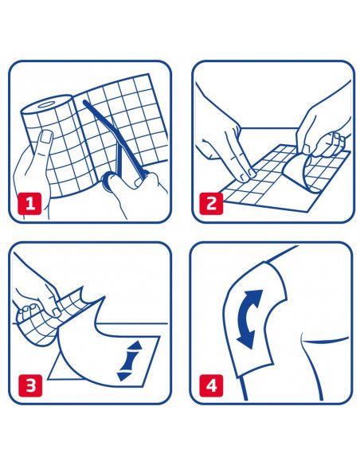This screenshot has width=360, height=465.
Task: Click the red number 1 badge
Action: click(29, 204)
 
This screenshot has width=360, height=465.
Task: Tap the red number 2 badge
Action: click(211, 204)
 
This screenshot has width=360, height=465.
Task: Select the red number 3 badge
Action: click(31, 385)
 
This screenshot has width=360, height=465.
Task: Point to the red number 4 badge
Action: click(211, 385)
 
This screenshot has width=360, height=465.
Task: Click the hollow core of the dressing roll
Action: click(46, 104)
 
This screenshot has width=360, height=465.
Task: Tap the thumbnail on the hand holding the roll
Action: click(46, 138)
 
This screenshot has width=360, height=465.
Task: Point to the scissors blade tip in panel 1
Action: click(85, 102)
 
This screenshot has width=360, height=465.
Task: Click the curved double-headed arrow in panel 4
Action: click(248, 319)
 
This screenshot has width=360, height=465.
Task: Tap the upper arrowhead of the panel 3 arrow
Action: click(135, 346)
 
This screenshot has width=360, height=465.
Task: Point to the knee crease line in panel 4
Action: click(325, 340)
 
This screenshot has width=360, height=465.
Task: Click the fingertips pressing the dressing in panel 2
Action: click(248, 174)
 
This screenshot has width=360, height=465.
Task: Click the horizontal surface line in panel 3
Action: click(89, 323)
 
